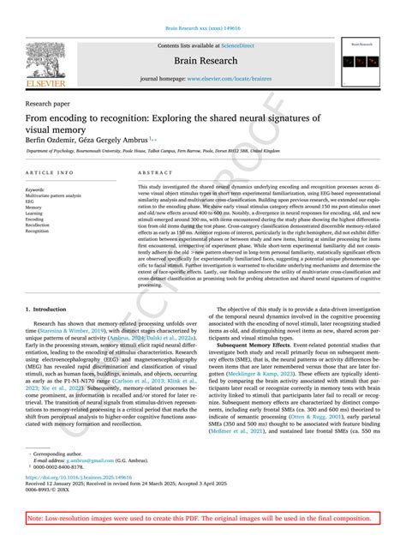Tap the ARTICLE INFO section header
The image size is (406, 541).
point(49,172)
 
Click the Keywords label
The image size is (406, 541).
point(36,189)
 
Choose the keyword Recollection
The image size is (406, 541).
point(38,225)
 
